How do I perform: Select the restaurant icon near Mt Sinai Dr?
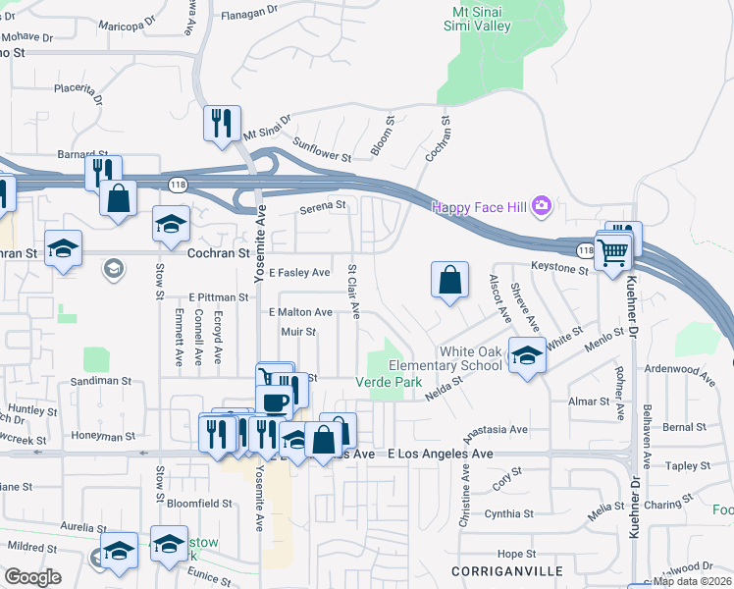(222, 125)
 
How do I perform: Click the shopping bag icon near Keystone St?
(448, 280)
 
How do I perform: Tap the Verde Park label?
(388, 381)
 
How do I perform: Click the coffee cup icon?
(274, 401)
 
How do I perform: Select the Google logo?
(32, 576)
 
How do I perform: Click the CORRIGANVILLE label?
(493, 570)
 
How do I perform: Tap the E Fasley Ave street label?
(299, 273)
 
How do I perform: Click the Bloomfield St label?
(199, 503)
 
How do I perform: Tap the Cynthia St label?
(508, 513)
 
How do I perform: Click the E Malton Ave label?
(300, 312)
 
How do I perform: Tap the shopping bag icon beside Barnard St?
(118, 197)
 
